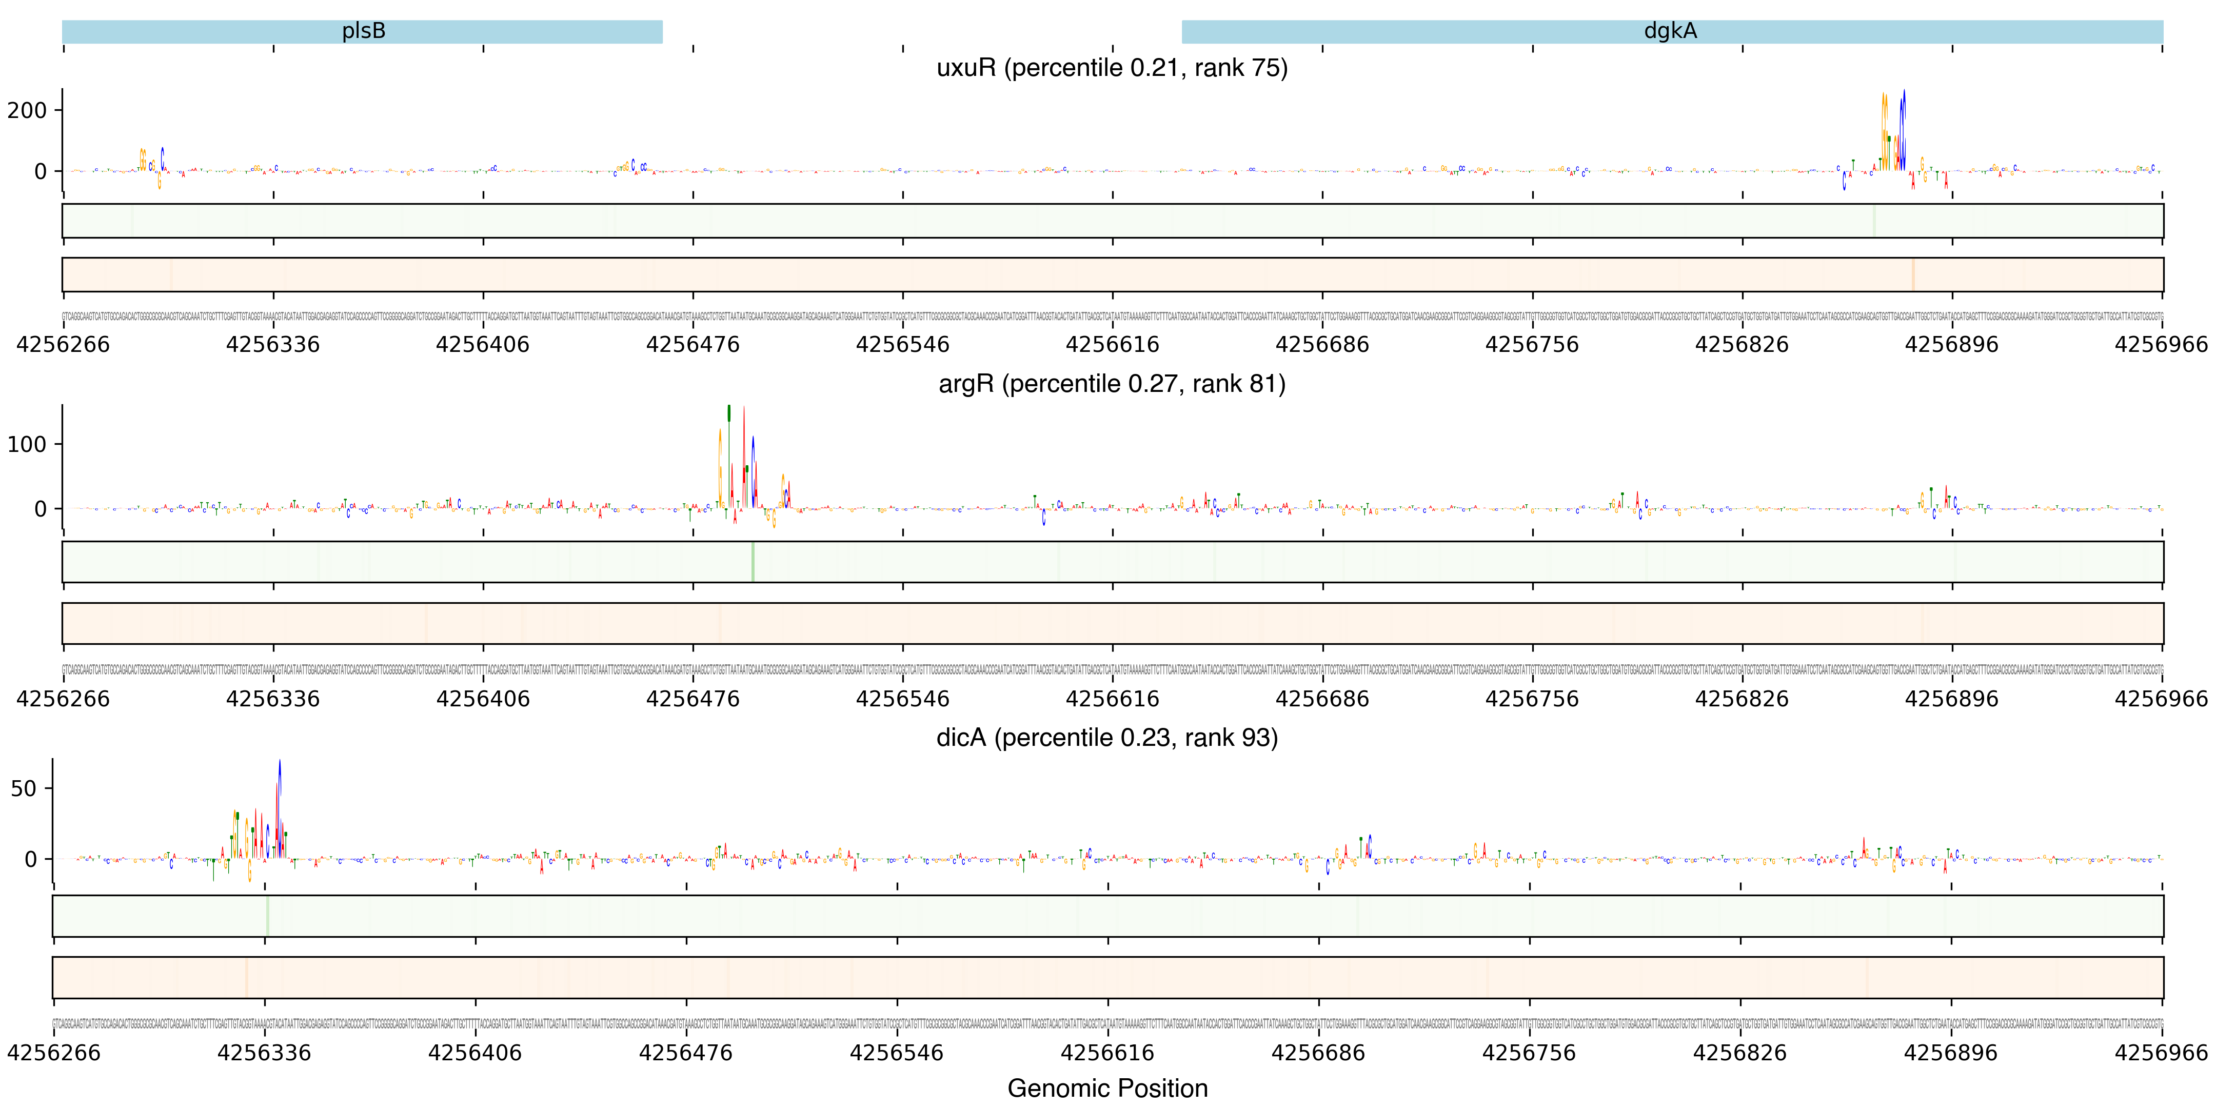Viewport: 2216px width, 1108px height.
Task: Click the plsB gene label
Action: [363, 31]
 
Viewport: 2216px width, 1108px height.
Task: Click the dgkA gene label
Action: [1670, 31]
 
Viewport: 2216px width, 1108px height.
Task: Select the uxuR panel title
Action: [1112, 67]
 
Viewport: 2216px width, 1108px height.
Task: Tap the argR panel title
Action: [1112, 384]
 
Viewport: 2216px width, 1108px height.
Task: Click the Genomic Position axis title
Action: [1107, 1088]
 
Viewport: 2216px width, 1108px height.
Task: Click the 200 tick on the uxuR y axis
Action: [28, 110]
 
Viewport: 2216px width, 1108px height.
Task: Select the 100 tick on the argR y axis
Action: [28, 445]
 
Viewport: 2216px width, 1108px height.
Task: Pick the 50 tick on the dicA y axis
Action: [24, 789]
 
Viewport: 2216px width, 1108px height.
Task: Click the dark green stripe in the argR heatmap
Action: [753, 562]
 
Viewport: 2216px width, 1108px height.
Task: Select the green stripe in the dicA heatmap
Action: [268, 916]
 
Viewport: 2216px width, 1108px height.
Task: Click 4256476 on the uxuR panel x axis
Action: [692, 345]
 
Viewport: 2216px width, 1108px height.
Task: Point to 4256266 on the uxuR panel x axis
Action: [63, 345]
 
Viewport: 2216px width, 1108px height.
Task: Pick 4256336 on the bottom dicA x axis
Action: [264, 1053]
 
